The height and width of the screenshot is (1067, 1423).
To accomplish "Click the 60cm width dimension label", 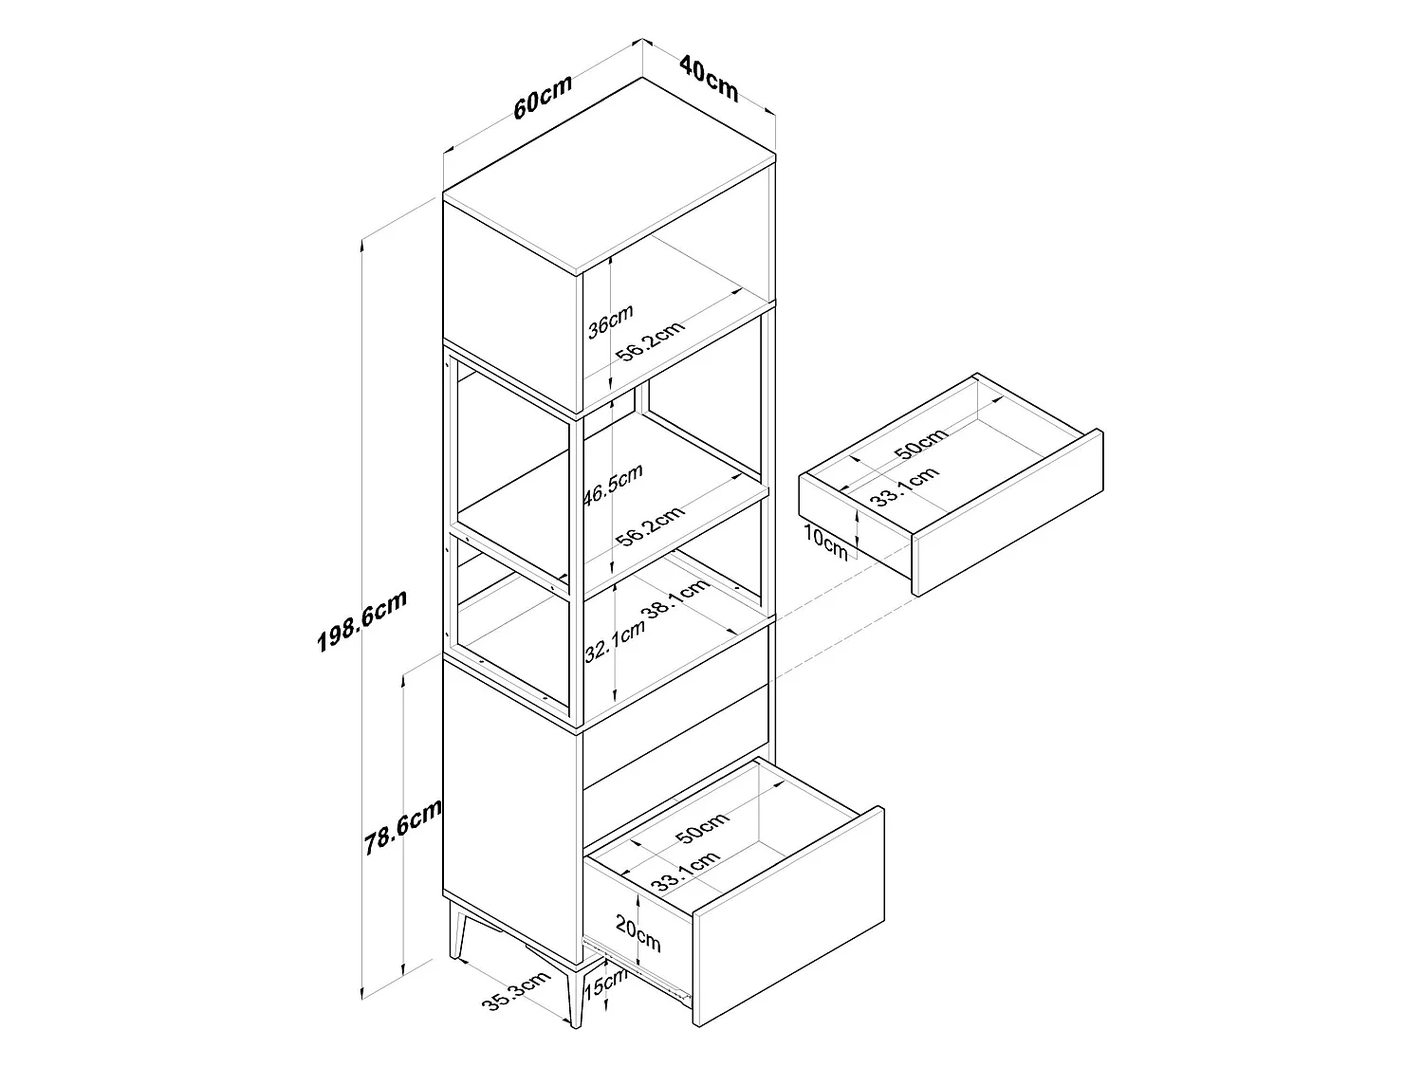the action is click(x=543, y=97).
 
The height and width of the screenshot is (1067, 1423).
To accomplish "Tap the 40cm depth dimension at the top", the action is click(x=709, y=79).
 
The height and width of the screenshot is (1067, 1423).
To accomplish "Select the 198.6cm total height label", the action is click(x=361, y=620).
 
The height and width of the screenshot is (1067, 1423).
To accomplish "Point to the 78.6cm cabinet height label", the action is click(x=402, y=826).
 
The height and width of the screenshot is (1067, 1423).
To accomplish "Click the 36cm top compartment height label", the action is click(x=610, y=322).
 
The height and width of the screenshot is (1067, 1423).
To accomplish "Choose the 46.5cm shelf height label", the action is click(x=613, y=484).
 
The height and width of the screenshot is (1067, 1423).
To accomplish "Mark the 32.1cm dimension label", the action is click(x=615, y=641).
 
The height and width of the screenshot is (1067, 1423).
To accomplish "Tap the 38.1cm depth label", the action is click(x=675, y=599).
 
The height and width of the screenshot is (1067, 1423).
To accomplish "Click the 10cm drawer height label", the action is click(x=825, y=543).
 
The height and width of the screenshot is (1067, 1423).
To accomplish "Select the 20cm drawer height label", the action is click(x=638, y=933).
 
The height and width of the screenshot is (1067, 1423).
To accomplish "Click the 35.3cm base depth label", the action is click(x=516, y=990).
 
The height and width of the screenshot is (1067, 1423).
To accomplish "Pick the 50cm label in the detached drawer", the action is click(x=920, y=443).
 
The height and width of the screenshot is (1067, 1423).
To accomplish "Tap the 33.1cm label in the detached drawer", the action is click(x=904, y=486).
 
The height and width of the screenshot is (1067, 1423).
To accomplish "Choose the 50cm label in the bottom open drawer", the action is click(x=702, y=828).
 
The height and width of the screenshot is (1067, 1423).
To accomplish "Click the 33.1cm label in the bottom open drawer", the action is click(x=685, y=872).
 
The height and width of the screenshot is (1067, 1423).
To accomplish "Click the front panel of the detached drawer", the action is click(x=1008, y=512).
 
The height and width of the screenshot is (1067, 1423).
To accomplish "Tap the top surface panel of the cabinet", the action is click(x=609, y=175).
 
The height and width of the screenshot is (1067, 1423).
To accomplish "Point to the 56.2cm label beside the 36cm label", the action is click(x=650, y=340).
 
